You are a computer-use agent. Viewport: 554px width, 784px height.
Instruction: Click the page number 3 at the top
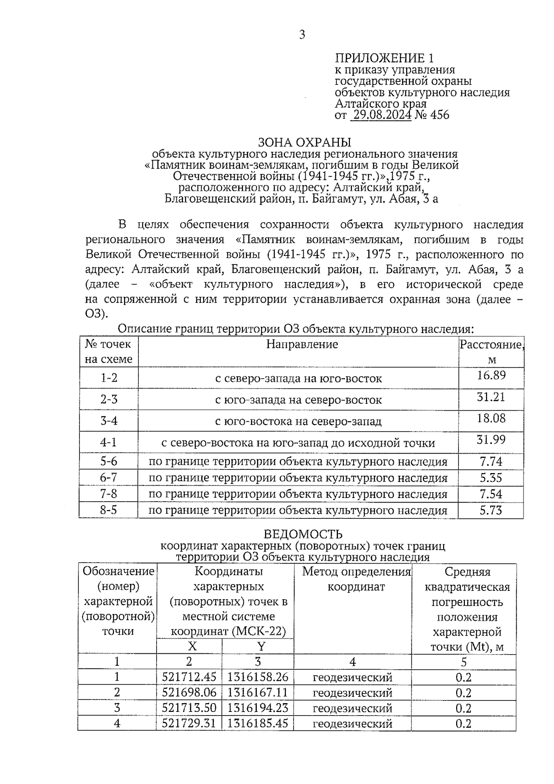pos(302,35)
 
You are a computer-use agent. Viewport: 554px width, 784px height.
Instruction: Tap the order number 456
pos(439,115)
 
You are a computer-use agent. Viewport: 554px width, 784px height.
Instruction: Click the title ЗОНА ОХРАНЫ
pos(304,142)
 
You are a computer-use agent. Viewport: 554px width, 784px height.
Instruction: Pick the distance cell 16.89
pos(491,375)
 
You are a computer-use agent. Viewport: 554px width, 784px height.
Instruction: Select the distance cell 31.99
pos(491,439)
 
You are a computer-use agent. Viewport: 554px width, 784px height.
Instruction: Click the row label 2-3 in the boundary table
pos(109,399)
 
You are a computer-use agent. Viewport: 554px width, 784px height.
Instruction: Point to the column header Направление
pos(302,344)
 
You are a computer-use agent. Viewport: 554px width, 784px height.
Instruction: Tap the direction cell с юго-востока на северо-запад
pos(298,421)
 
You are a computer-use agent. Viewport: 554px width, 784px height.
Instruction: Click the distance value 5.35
pos(491,478)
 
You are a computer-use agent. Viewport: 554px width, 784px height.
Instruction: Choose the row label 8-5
pos(109,510)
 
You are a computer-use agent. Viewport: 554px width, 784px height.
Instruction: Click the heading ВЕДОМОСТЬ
pos(303,534)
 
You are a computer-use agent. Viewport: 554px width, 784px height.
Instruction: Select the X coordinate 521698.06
pos(189,693)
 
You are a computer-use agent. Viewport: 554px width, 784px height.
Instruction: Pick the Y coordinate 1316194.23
pos(258,708)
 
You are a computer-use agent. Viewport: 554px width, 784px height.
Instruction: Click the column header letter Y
pos(261,646)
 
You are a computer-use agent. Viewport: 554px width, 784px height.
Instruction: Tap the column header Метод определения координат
pos(356,579)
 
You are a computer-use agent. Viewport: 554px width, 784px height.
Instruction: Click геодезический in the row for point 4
pos(352,723)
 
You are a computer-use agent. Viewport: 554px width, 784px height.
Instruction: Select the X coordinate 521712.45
pos(189,677)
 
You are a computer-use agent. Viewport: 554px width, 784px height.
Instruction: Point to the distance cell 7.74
pos(491,462)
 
